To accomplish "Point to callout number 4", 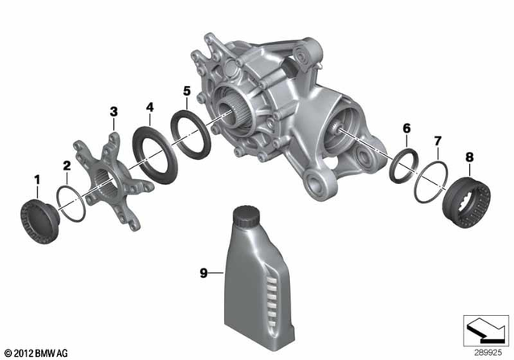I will [149, 107].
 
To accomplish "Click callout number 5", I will [186, 91].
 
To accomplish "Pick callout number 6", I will [406, 129].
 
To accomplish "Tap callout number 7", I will [437, 141].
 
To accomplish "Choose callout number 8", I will [469, 157].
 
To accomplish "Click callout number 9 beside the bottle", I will [204, 273].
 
